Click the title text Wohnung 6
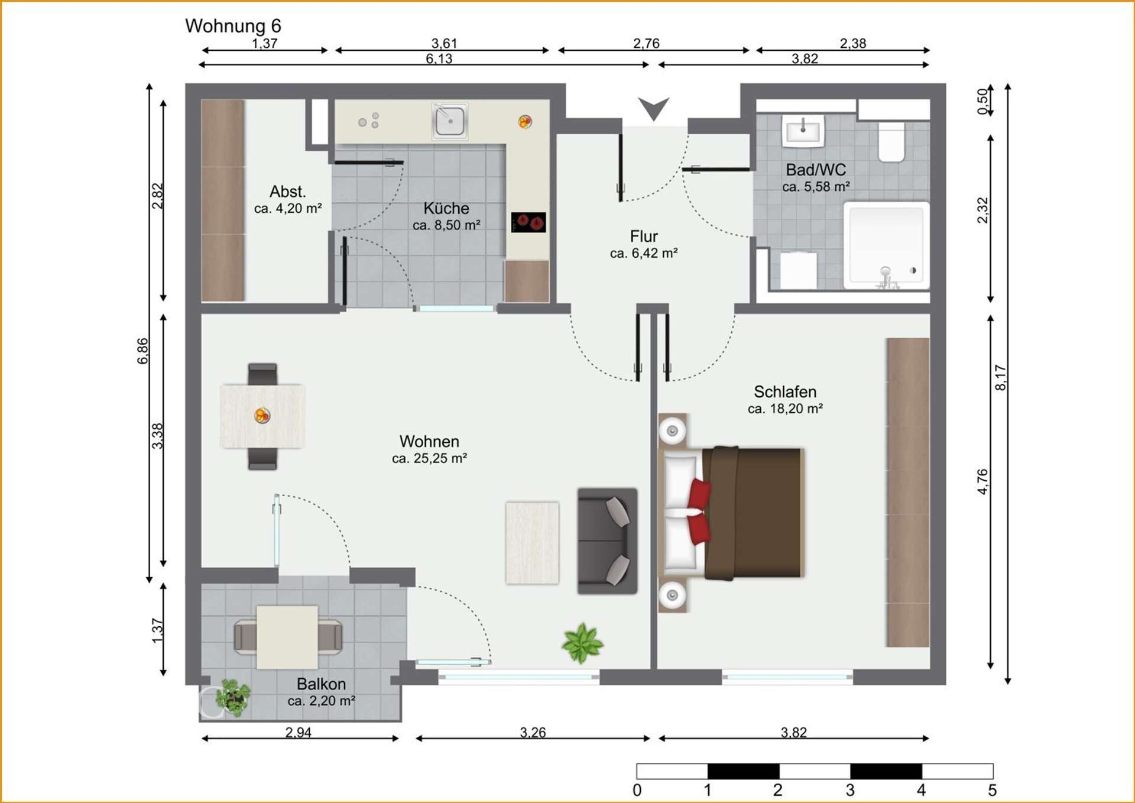[x=233, y=26]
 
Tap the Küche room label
[x=446, y=208]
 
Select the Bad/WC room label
[x=816, y=170]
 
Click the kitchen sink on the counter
[x=450, y=122]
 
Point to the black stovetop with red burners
[x=528, y=222]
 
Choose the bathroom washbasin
[x=803, y=131]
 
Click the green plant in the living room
[x=583, y=643]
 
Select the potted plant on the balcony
[x=233, y=698]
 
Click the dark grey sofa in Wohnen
[x=607, y=540]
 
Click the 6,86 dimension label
[x=143, y=351]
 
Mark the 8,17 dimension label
[x=1000, y=377]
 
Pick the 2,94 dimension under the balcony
[x=298, y=732]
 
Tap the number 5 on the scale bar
[x=992, y=790]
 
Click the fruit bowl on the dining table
[x=262, y=416]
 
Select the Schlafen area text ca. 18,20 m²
[x=785, y=409]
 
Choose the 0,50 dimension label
[x=982, y=101]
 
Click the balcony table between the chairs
[x=287, y=637]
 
